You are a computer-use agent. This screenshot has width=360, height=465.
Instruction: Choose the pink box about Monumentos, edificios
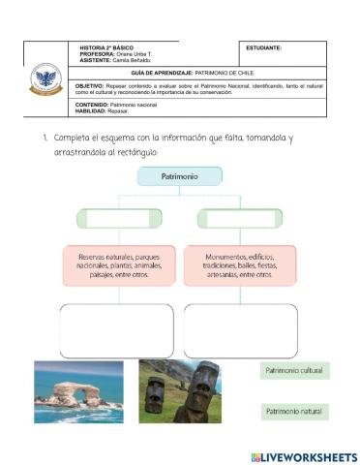[238, 264]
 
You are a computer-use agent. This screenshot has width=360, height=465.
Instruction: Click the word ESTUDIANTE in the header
[264, 48]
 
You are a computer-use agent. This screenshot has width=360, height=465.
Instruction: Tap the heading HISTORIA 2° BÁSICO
[106, 47]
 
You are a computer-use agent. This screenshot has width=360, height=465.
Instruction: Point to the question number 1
[45, 138]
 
